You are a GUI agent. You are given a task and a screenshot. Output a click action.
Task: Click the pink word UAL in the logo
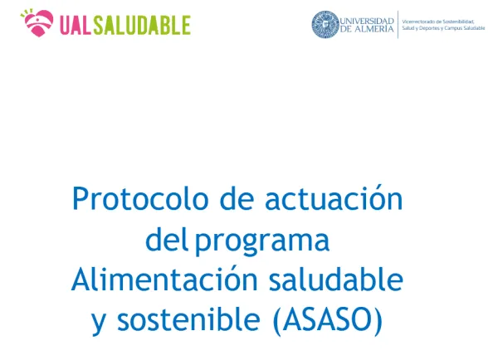pyautogui.click(x=76, y=25)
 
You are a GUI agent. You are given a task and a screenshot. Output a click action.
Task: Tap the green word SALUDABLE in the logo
pyautogui.click(x=142, y=25)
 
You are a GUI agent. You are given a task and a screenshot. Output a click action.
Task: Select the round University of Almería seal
pyautogui.click(x=325, y=24)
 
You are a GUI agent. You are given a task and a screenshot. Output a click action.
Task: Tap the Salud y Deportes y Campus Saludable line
pyautogui.click(x=442, y=28)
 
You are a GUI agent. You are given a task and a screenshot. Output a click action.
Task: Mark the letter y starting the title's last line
pyautogui.click(x=100, y=323)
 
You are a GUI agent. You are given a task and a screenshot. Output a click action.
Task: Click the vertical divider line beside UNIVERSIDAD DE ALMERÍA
pyautogui.click(x=398, y=24)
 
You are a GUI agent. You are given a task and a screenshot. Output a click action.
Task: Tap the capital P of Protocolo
pyautogui.click(x=80, y=200)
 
